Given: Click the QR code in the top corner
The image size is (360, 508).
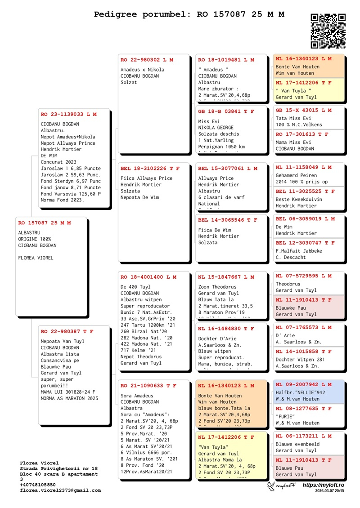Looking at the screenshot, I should (328, 31).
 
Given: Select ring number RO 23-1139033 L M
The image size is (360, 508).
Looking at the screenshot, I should (68, 114).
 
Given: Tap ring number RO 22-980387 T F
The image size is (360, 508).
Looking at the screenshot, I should (67, 331).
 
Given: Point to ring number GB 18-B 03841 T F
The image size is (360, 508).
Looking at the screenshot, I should (226, 111).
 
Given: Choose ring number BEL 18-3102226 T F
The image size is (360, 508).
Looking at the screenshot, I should (150, 169).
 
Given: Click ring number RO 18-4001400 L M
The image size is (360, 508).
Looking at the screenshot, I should (148, 277).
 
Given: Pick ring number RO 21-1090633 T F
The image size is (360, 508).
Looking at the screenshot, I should (148, 385).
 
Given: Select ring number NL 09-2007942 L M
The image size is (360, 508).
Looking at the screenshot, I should (304, 384).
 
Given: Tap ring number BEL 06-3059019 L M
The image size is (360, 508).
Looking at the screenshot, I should (305, 219).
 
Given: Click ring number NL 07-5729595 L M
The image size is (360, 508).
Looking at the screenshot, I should (304, 276).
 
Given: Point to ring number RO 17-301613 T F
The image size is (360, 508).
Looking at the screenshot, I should (302, 134).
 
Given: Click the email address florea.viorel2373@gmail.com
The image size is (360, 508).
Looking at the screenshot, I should (60, 490).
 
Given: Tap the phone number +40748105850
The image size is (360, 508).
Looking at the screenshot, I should (38, 485).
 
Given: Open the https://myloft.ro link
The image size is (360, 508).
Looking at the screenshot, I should (323, 486).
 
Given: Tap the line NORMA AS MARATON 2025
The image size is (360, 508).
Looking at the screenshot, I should (69, 398).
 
